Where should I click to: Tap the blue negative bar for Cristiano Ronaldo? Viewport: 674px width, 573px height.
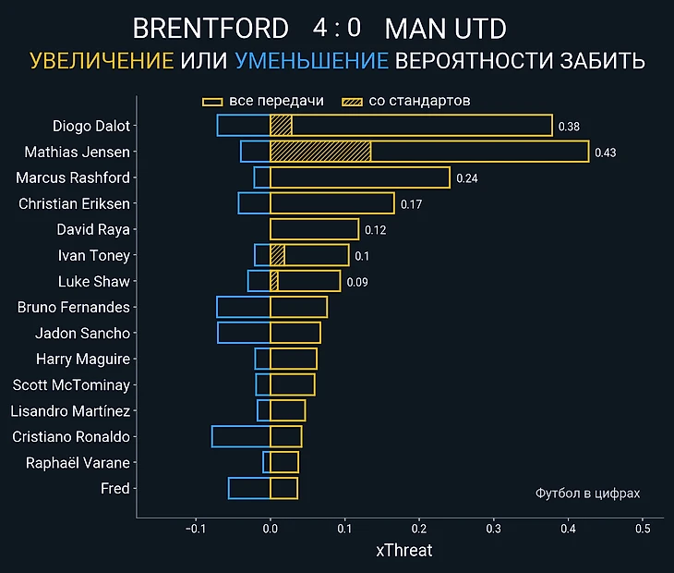pos(241,436)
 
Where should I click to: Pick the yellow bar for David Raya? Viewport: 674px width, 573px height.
pos(314,229)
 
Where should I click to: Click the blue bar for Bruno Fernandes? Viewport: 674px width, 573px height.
pos(243,307)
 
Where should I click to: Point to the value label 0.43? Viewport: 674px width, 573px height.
pos(605,152)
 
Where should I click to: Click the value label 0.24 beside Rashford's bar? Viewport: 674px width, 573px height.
pos(466,178)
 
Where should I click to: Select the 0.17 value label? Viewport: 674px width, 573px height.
pos(411,204)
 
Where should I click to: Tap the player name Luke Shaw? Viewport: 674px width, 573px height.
pos(93,281)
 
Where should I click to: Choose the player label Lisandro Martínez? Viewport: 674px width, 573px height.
pos(70,410)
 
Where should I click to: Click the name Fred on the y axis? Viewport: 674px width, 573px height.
pos(114,488)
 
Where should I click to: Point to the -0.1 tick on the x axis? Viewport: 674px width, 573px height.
pos(195,530)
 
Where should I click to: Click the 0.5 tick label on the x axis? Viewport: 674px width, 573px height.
pos(643,530)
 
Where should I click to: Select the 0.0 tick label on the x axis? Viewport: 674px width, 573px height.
pos(270,530)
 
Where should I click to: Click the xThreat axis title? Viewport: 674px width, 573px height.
pos(403,551)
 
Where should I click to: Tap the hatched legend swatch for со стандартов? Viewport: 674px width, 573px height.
pos(352,101)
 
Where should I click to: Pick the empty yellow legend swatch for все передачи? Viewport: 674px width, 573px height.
pos(212,101)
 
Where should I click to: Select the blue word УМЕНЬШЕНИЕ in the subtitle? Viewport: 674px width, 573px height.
pos(311,62)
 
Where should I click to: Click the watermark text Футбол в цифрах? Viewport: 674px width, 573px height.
pos(587,494)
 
